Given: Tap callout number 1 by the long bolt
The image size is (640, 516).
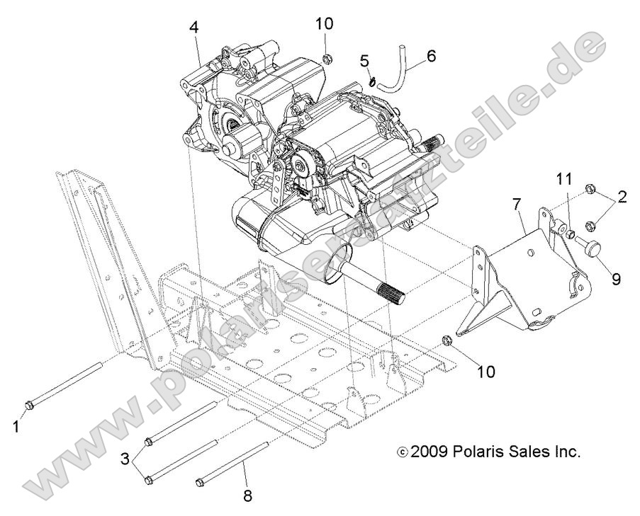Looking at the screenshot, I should point(17,428).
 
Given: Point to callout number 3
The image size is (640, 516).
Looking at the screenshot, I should point(125,459).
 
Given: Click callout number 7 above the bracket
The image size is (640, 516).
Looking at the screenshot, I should point(517,206).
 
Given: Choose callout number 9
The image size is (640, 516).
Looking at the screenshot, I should point(616,279).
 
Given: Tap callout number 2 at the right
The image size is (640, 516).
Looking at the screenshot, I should point(622,197).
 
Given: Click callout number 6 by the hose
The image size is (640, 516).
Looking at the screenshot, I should point(431,55).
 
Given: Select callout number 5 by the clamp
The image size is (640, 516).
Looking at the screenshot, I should point(364,61).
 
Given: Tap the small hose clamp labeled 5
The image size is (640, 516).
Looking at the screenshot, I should point(371,81).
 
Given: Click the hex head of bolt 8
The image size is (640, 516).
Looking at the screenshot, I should point(200,483).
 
